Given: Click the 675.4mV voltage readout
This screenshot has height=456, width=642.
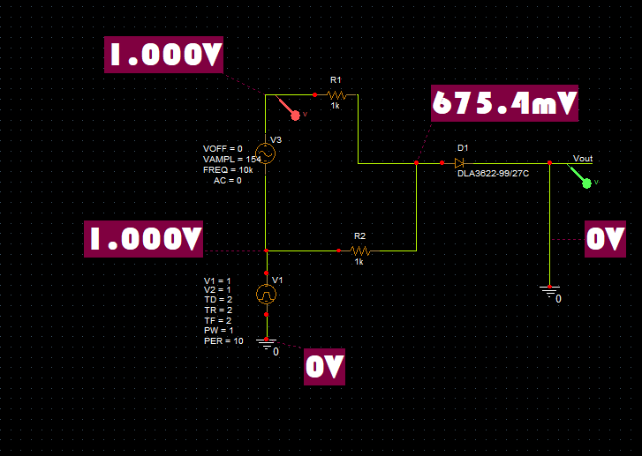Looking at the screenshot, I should pyautogui.click(x=505, y=104).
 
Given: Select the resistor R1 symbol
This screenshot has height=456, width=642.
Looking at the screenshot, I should pyautogui.click(x=336, y=93).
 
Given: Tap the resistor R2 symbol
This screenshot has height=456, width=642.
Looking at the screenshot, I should pyautogui.click(x=359, y=250).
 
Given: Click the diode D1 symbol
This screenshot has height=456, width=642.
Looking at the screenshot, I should pyautogui.click(x=459, y=162).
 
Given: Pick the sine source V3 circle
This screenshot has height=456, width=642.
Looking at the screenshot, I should pyautogui.click(x=266, y=152).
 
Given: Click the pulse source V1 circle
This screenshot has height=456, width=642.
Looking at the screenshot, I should pyautogui.click(x=266, y=294).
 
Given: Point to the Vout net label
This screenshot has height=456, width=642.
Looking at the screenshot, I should pyautogui.click(x=583, y=159).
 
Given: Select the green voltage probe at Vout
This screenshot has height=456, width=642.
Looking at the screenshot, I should pyautogui.click(x=585, y=181).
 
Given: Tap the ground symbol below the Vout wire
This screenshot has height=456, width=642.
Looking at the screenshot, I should pyautogui.click(x=548, y=289).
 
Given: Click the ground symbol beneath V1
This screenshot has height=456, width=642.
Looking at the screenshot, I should pyautogui.click(x=265, y=341).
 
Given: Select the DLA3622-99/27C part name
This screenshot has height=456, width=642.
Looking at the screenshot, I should pyautogui.click(x=493, y=174).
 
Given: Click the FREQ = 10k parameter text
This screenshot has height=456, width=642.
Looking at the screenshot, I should pyautogui.click(x=228, y=169).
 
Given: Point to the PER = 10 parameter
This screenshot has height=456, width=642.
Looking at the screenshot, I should pyautogui.click(x=223, y=340).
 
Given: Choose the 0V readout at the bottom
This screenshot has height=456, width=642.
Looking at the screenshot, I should pyautogui.click(x=324, y=367).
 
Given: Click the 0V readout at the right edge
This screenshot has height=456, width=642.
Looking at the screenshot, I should pyautogui.click(x=605, y=239).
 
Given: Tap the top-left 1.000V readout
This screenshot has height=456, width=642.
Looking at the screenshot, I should pyautogui.click(x=164, y=56).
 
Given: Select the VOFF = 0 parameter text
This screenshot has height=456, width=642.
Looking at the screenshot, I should pyautogui.click(x=222, y=148).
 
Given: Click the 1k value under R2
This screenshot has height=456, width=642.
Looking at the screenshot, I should pyautogui.click(x=359, y=262).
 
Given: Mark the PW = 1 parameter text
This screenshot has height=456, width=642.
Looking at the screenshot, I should pyautogui.click(x=217, y=330).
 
